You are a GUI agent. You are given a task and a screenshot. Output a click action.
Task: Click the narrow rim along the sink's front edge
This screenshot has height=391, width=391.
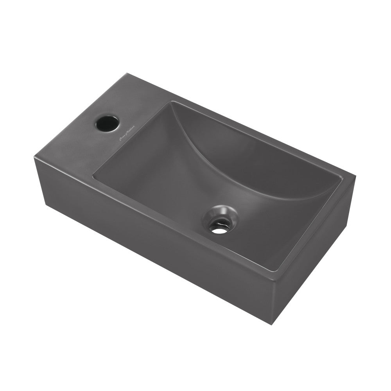pos(176,223)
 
